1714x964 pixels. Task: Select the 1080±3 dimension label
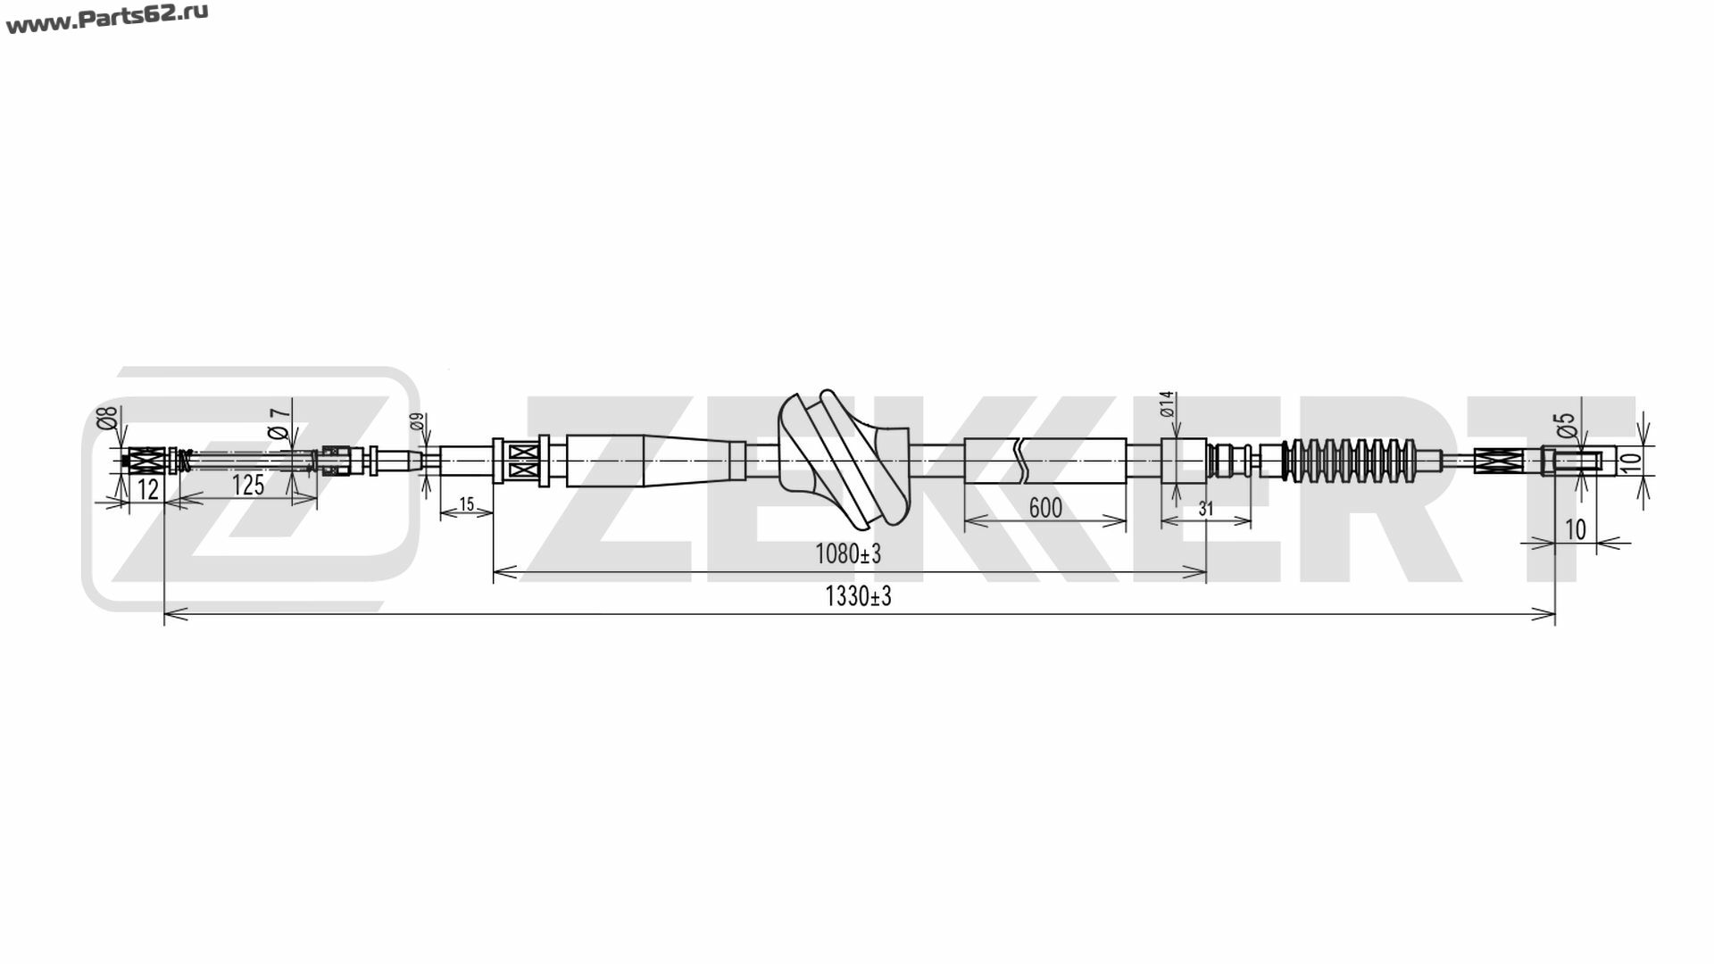tap(847, 554)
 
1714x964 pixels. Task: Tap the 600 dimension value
tap(1044, 508)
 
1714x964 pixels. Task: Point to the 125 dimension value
tap(247, 485)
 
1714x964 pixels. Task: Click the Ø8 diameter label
tap(107, 418)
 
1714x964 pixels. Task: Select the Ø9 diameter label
tap(417, 422)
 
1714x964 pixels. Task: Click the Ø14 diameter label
tap(1166, 405)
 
